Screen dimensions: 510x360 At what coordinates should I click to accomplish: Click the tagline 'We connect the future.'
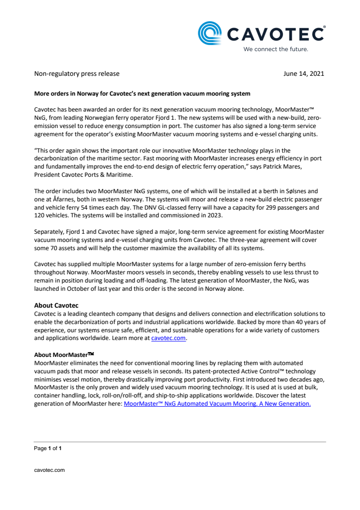[x=276, y=49]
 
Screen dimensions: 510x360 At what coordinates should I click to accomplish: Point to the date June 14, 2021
[x=305, y=74]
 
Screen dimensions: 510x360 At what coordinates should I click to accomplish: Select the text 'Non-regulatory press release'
[x=77, y=74]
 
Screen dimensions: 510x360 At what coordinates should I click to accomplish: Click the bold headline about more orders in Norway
[x=142, y=93]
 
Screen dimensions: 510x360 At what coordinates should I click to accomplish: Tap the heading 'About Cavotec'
[x=56, y=305]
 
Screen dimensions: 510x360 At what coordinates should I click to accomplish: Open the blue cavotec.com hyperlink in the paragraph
[x=168, y=339]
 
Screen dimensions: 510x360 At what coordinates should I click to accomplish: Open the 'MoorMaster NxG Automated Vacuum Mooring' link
[x=217, y=404]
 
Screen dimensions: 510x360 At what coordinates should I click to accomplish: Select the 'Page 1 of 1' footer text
[x=48, y=448]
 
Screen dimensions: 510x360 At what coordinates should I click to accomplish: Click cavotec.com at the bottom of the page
[x=49, y=469]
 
